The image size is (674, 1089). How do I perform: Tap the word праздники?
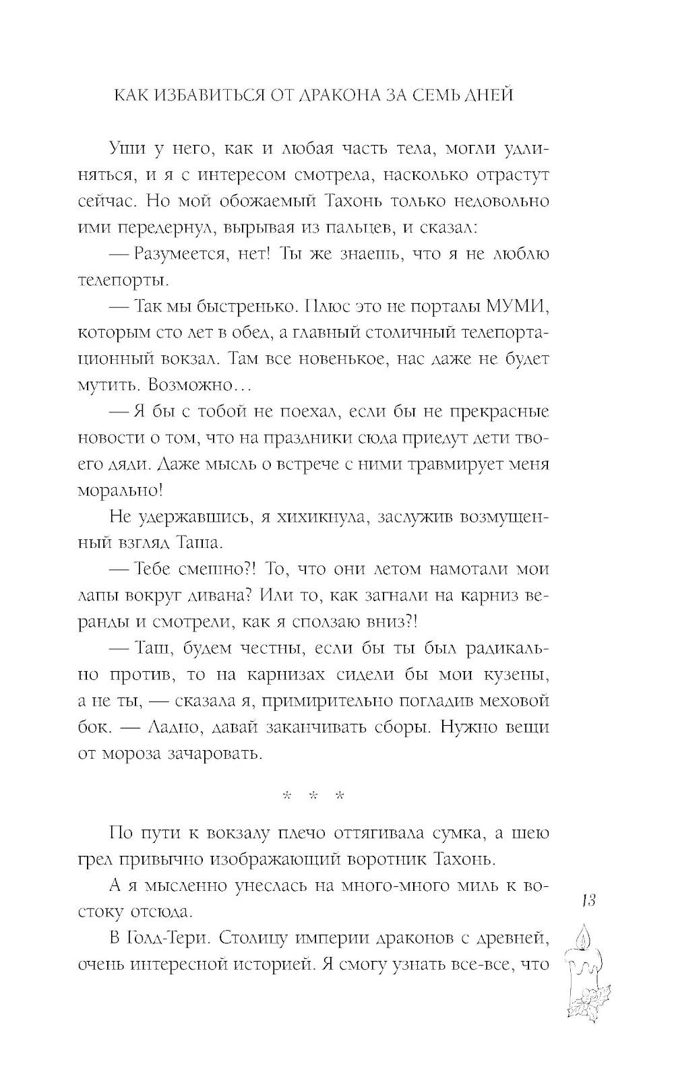coord(345,437)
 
